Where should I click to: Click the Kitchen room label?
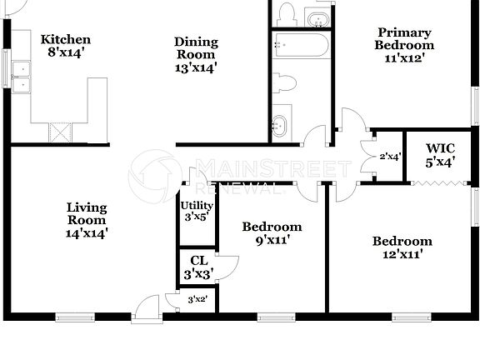pos(66,40)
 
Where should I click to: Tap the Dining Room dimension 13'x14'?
pos(196,68)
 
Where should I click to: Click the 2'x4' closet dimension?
pos(390,156)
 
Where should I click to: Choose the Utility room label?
pos(197,206)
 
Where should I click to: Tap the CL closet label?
pos(198,260)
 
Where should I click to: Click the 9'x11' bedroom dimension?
pos(272,241)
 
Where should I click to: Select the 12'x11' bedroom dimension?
pos(402,256)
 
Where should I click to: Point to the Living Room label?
pos(87,213)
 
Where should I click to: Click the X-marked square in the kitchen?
pos(59,132)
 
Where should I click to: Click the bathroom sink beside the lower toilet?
pos(281,125)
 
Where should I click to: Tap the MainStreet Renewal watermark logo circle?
pos(157,171)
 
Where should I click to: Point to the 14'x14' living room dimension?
pos(87,234)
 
